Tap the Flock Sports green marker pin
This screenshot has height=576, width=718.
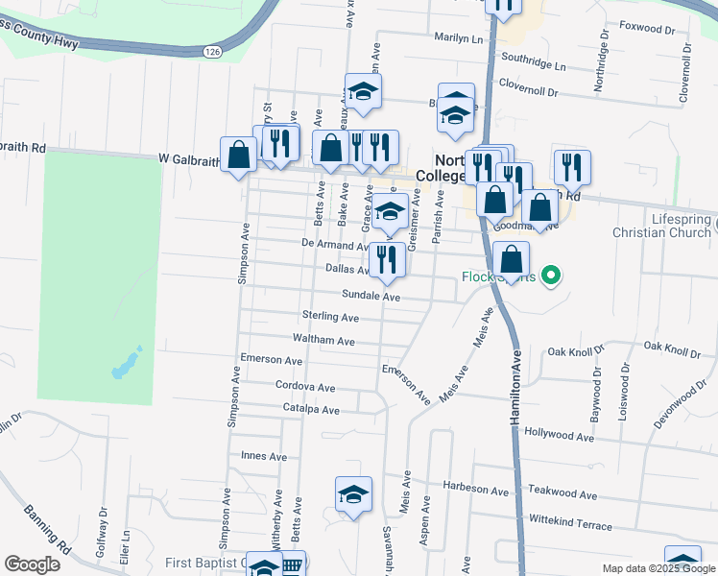(550, 276)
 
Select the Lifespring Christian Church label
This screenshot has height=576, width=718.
(665, 227)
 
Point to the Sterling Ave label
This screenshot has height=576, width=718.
(330, 317)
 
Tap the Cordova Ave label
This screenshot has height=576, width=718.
(305, 388)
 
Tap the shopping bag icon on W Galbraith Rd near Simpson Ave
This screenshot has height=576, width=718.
(238, 152)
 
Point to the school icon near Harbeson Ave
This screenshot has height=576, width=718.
(353, 494)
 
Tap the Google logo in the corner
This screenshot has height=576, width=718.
(34, 564)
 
